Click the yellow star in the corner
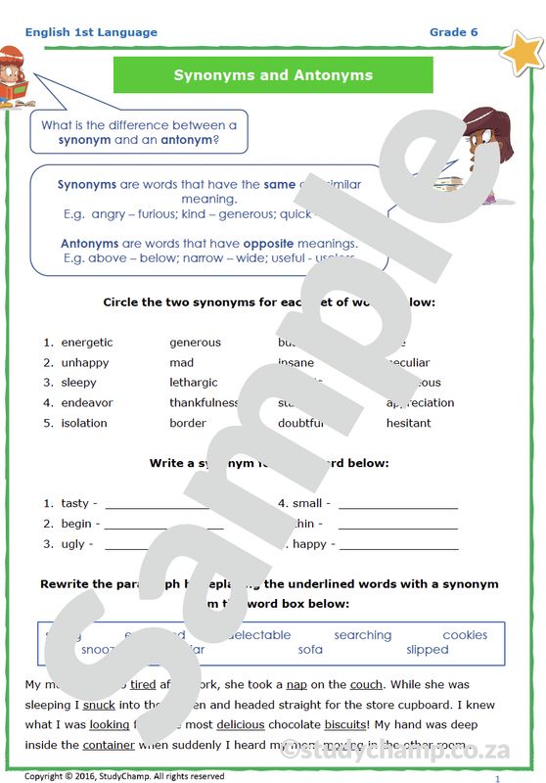522,52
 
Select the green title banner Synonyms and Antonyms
273,74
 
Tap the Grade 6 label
453,32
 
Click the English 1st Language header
91,32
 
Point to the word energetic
87,343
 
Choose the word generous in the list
195,343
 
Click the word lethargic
194,383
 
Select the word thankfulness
204,402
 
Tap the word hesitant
408,423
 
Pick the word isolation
84,423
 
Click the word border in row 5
188,423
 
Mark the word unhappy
85,362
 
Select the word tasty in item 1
74,503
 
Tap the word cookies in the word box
465,635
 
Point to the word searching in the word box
362,635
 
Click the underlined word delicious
241,724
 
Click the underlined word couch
366,684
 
